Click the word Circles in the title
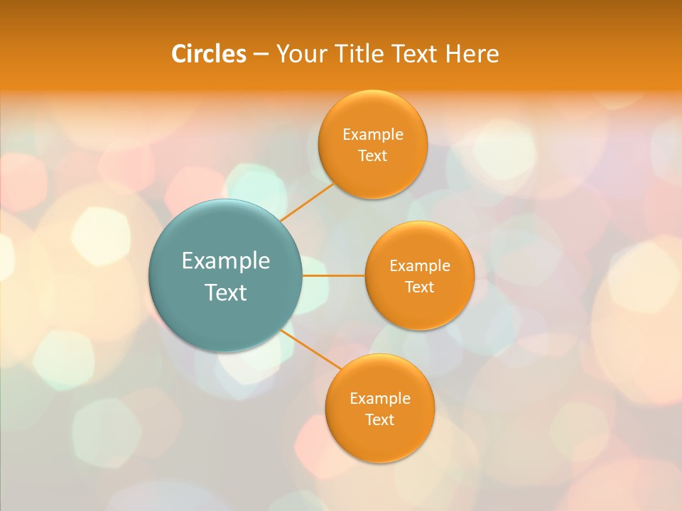click(209, 54)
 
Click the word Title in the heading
click(360, 54)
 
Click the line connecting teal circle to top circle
click(307, 201)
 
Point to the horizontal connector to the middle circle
click(334, 275)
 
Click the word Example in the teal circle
click(226, 261)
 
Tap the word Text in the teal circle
click(226, 292)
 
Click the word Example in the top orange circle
click(373, 135)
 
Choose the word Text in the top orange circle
click(373, 156)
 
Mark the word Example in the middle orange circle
click(420, 266)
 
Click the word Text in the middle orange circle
click(420, 287)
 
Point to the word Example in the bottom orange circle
click(380, 399)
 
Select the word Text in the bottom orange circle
click(380, 420)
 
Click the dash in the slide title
click(261, 55)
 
